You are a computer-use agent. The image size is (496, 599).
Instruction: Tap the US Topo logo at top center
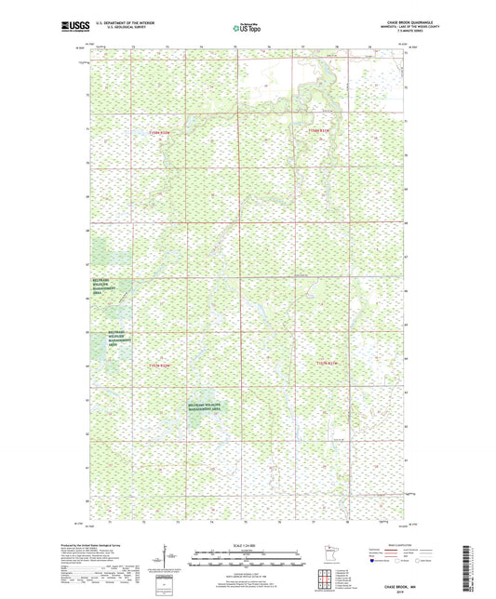pyautogui.click(x=248, y=28)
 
